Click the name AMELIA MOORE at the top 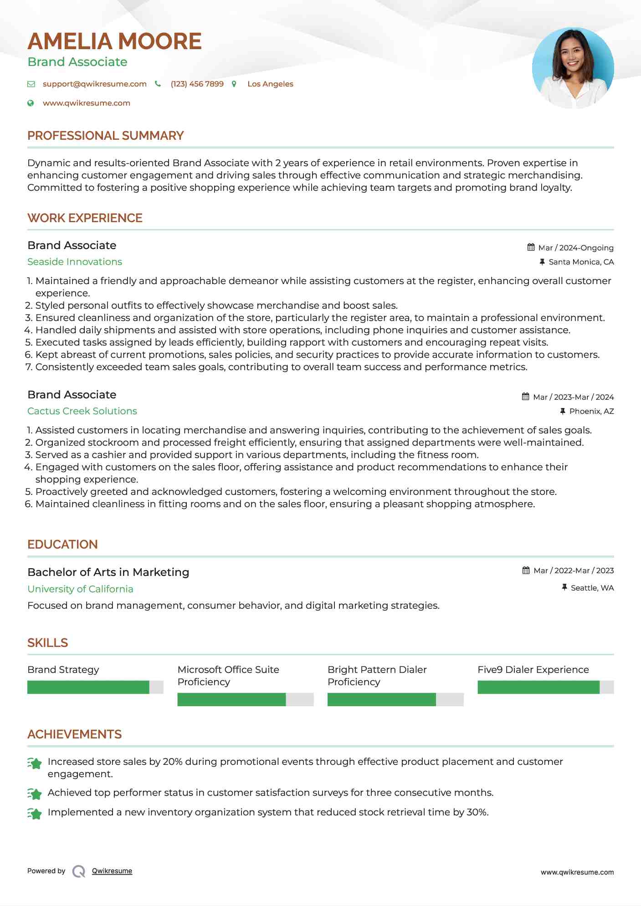(114, 41)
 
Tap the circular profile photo (573, 68)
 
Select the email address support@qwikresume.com (94, 84)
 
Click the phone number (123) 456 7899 (197, 84)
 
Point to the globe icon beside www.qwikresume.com (31, 103)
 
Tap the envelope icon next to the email (31, 84)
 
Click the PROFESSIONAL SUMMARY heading (105, 136)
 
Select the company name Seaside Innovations (75, 262)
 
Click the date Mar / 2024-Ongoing (576, 248)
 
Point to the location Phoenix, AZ (591, 411)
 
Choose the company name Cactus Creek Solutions (82, 411)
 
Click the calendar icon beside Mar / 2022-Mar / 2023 (526, 570)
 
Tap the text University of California (80, 589)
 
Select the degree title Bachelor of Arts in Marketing (108, 572)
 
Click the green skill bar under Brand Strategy (88, 687)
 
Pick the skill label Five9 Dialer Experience (533, 670)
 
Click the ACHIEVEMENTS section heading (74, 734)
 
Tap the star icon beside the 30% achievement (35, 813)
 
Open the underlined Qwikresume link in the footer (112, 871)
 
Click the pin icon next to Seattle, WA (563, 588)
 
